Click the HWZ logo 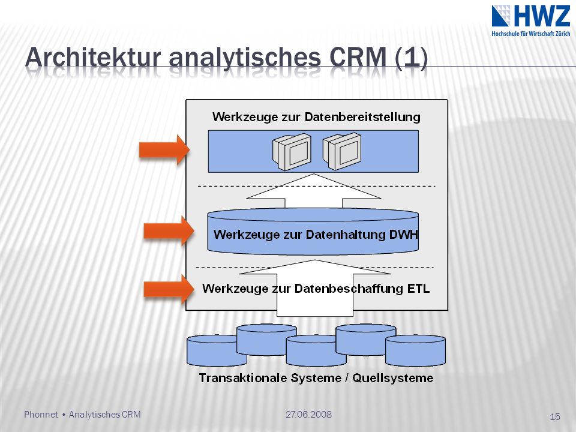[531, 20]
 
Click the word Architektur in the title [94, 58]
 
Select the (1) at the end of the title [412, 58]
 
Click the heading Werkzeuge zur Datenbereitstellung [316, 117]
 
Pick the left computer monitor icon [292, 151]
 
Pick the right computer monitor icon [342, 151]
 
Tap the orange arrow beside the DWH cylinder [169, 230]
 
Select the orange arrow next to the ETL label [169, 289]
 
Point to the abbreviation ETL [418, 289]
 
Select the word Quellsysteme [392, 378]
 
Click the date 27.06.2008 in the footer [308, 415]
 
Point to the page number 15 [554, 416]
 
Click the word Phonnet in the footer [41, 415]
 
